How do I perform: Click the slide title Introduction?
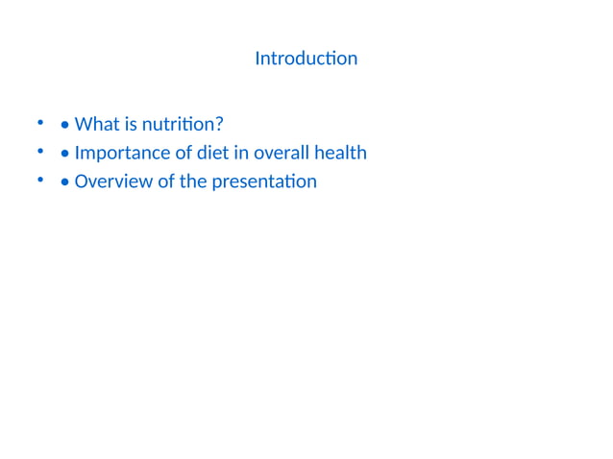point(306,59)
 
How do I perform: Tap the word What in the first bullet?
point(97,124)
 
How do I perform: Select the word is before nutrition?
point(131,124)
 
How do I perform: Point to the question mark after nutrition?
point(220,124)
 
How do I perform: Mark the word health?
point(341,153)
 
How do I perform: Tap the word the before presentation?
point(193,181)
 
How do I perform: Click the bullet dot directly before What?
point(63,125)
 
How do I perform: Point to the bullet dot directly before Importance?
point(63,154)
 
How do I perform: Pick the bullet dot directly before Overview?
point(63,181)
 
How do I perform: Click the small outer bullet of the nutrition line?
point(40,123)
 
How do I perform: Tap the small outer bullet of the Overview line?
point(40,180)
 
